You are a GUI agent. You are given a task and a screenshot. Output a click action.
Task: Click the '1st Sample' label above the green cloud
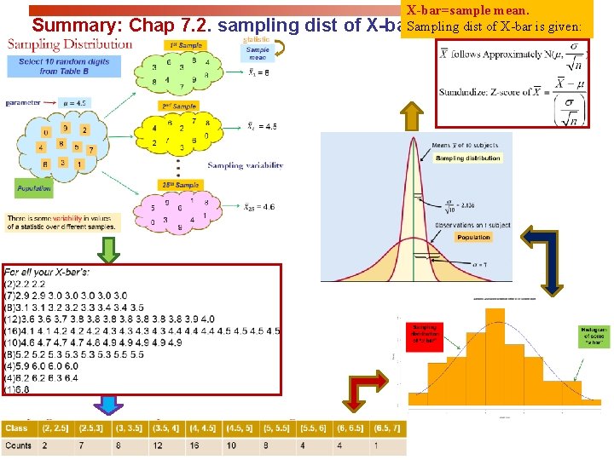tap(185, 43)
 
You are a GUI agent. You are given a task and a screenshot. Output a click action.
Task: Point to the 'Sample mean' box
tap(258, 53)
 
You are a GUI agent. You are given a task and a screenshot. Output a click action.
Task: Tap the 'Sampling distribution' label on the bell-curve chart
tap(466, 158)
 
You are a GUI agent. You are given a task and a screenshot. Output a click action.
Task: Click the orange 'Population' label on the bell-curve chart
tap(473, 237)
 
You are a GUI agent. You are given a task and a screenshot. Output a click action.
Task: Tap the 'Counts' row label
tap(18, 446)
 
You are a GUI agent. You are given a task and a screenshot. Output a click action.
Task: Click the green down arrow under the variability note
tap(108, 248)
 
